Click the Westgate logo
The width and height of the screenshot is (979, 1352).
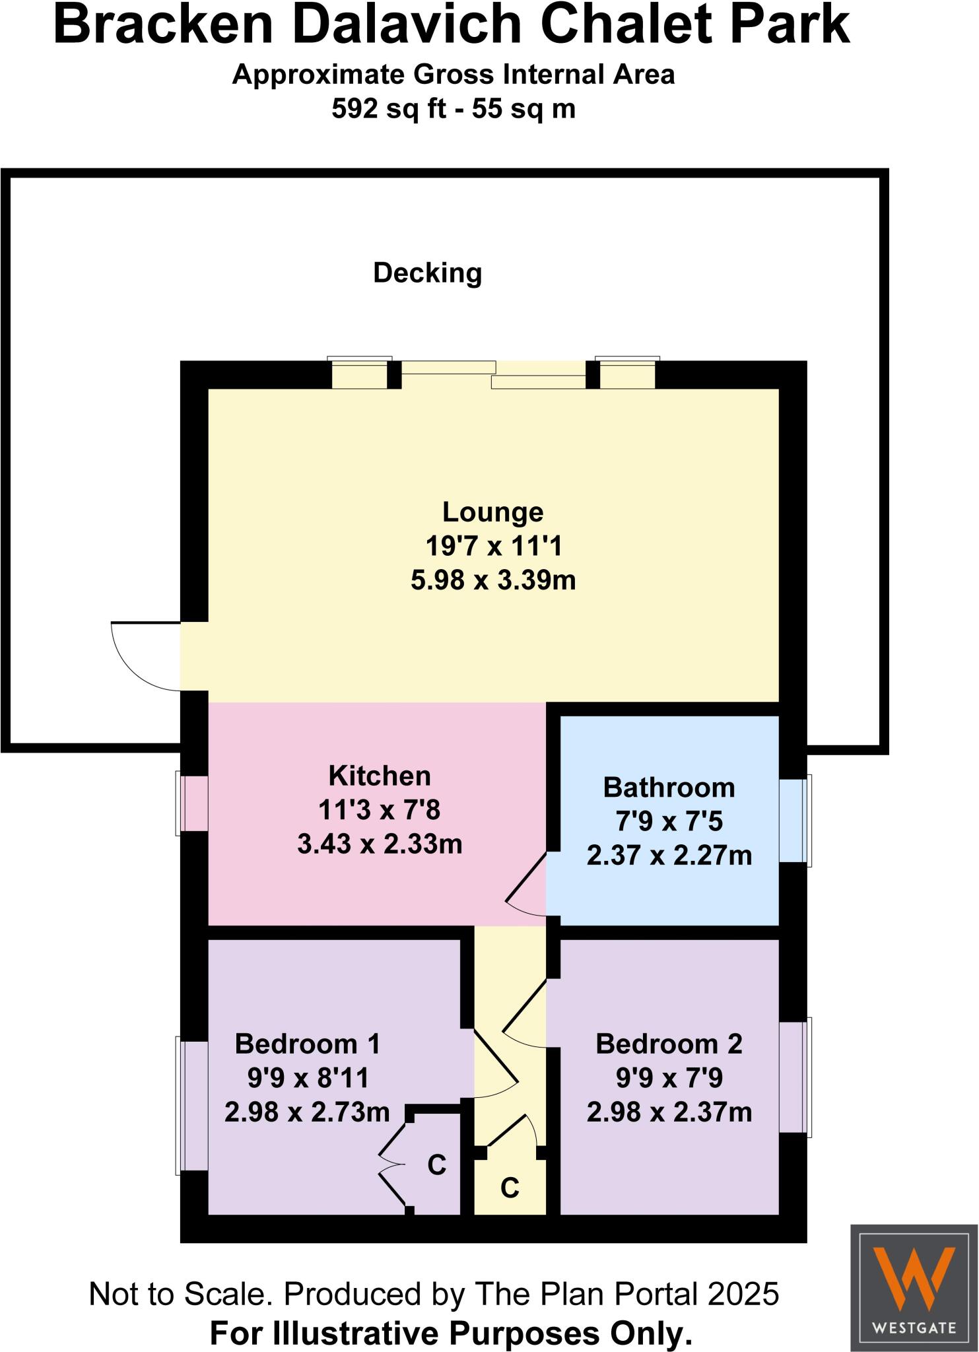point(914,1287)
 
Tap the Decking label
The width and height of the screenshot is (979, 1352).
point(428,273)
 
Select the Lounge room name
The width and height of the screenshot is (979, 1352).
point(492,512)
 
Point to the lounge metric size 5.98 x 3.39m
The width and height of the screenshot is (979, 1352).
point(493,580)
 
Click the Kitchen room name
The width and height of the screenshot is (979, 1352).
point(380,776)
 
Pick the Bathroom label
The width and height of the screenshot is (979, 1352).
point(669,788)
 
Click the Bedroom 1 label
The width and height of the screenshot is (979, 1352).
point(308,1044)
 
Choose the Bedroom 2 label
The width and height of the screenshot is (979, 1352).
point(669,1044)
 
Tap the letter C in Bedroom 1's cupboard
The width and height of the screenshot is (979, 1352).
point(437,1165)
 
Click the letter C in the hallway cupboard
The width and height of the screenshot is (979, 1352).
point(510,1188)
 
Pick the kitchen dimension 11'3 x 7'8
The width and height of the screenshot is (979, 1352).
point(380,810)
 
